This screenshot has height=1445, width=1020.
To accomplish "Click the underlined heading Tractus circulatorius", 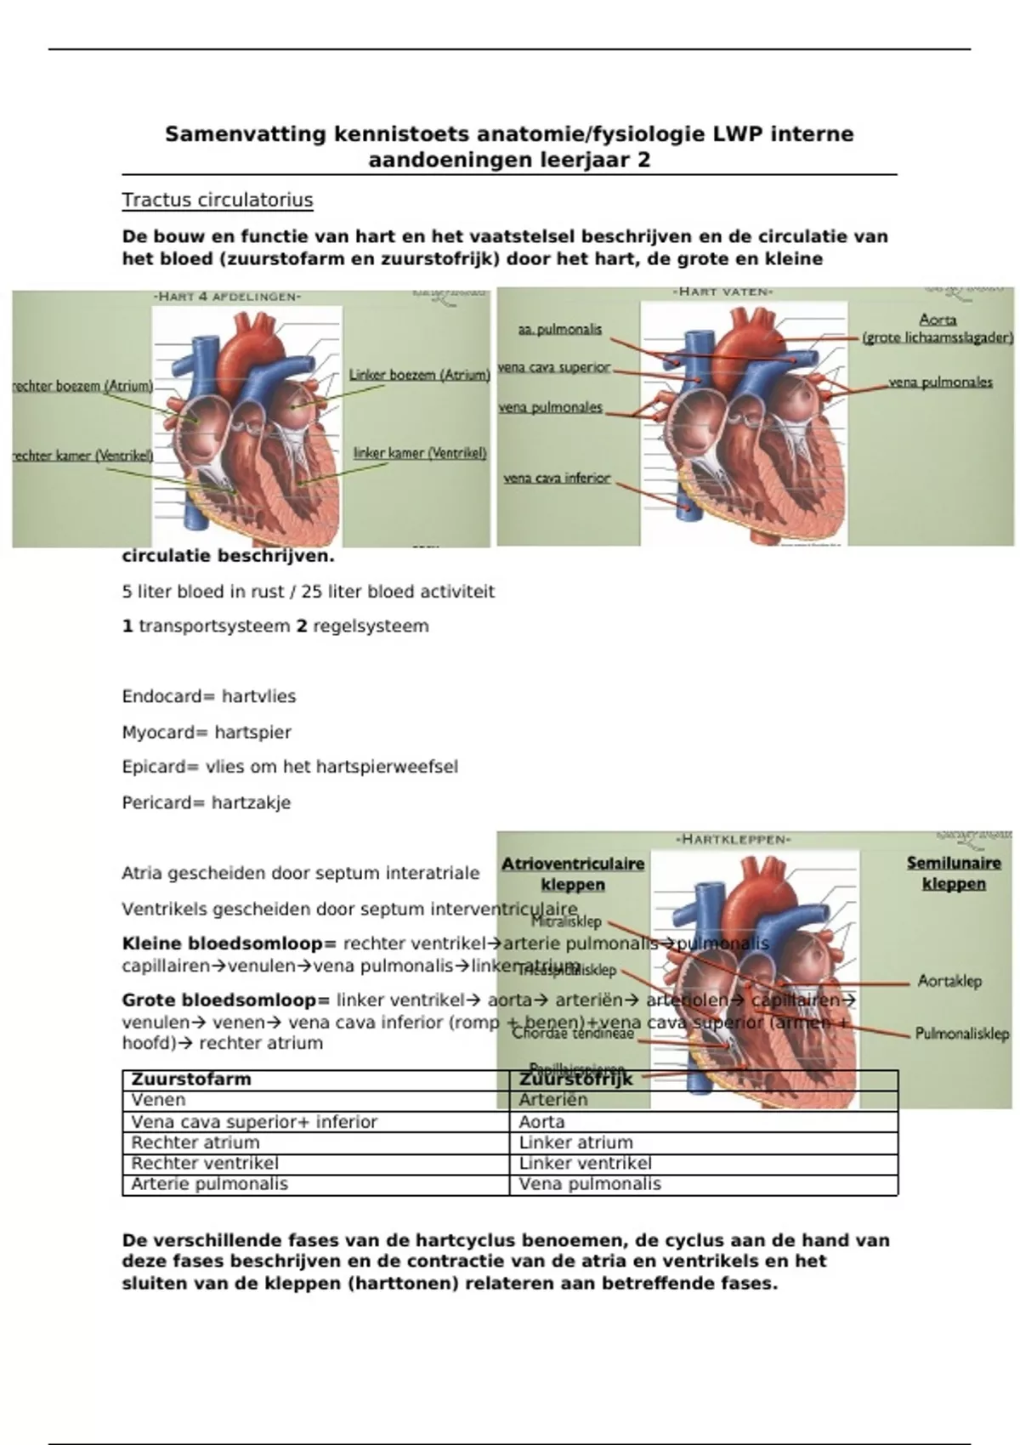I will point(218,201).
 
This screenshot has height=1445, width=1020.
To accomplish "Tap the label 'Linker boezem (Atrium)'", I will point(419,375).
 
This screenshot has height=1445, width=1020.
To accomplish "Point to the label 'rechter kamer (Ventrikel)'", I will point(82,456).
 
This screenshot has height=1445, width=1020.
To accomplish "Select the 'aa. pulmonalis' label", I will point(559,329).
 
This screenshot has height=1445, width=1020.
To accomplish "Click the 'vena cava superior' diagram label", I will point(554,367).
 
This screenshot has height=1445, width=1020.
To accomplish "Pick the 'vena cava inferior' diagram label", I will point(557,478).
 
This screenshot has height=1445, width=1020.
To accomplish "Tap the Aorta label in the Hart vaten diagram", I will point(938,320).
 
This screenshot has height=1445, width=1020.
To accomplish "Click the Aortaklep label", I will point(949,981).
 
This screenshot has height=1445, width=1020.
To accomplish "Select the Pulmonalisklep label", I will point(961,1034).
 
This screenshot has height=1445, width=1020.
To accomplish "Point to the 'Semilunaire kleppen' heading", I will point(954,873).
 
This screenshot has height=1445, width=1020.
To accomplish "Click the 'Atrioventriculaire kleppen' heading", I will point(573,874).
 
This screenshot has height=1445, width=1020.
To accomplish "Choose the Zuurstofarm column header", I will point(191,1079).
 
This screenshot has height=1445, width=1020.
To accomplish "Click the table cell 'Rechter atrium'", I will point(195,1142).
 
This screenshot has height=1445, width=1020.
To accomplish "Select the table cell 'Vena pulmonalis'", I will point(590,1184).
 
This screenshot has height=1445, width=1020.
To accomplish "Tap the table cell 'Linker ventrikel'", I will point(586,1163).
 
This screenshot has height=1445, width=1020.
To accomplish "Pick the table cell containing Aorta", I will point(541,1122).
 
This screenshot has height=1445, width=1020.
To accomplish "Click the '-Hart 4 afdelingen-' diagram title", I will point(227,297).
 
